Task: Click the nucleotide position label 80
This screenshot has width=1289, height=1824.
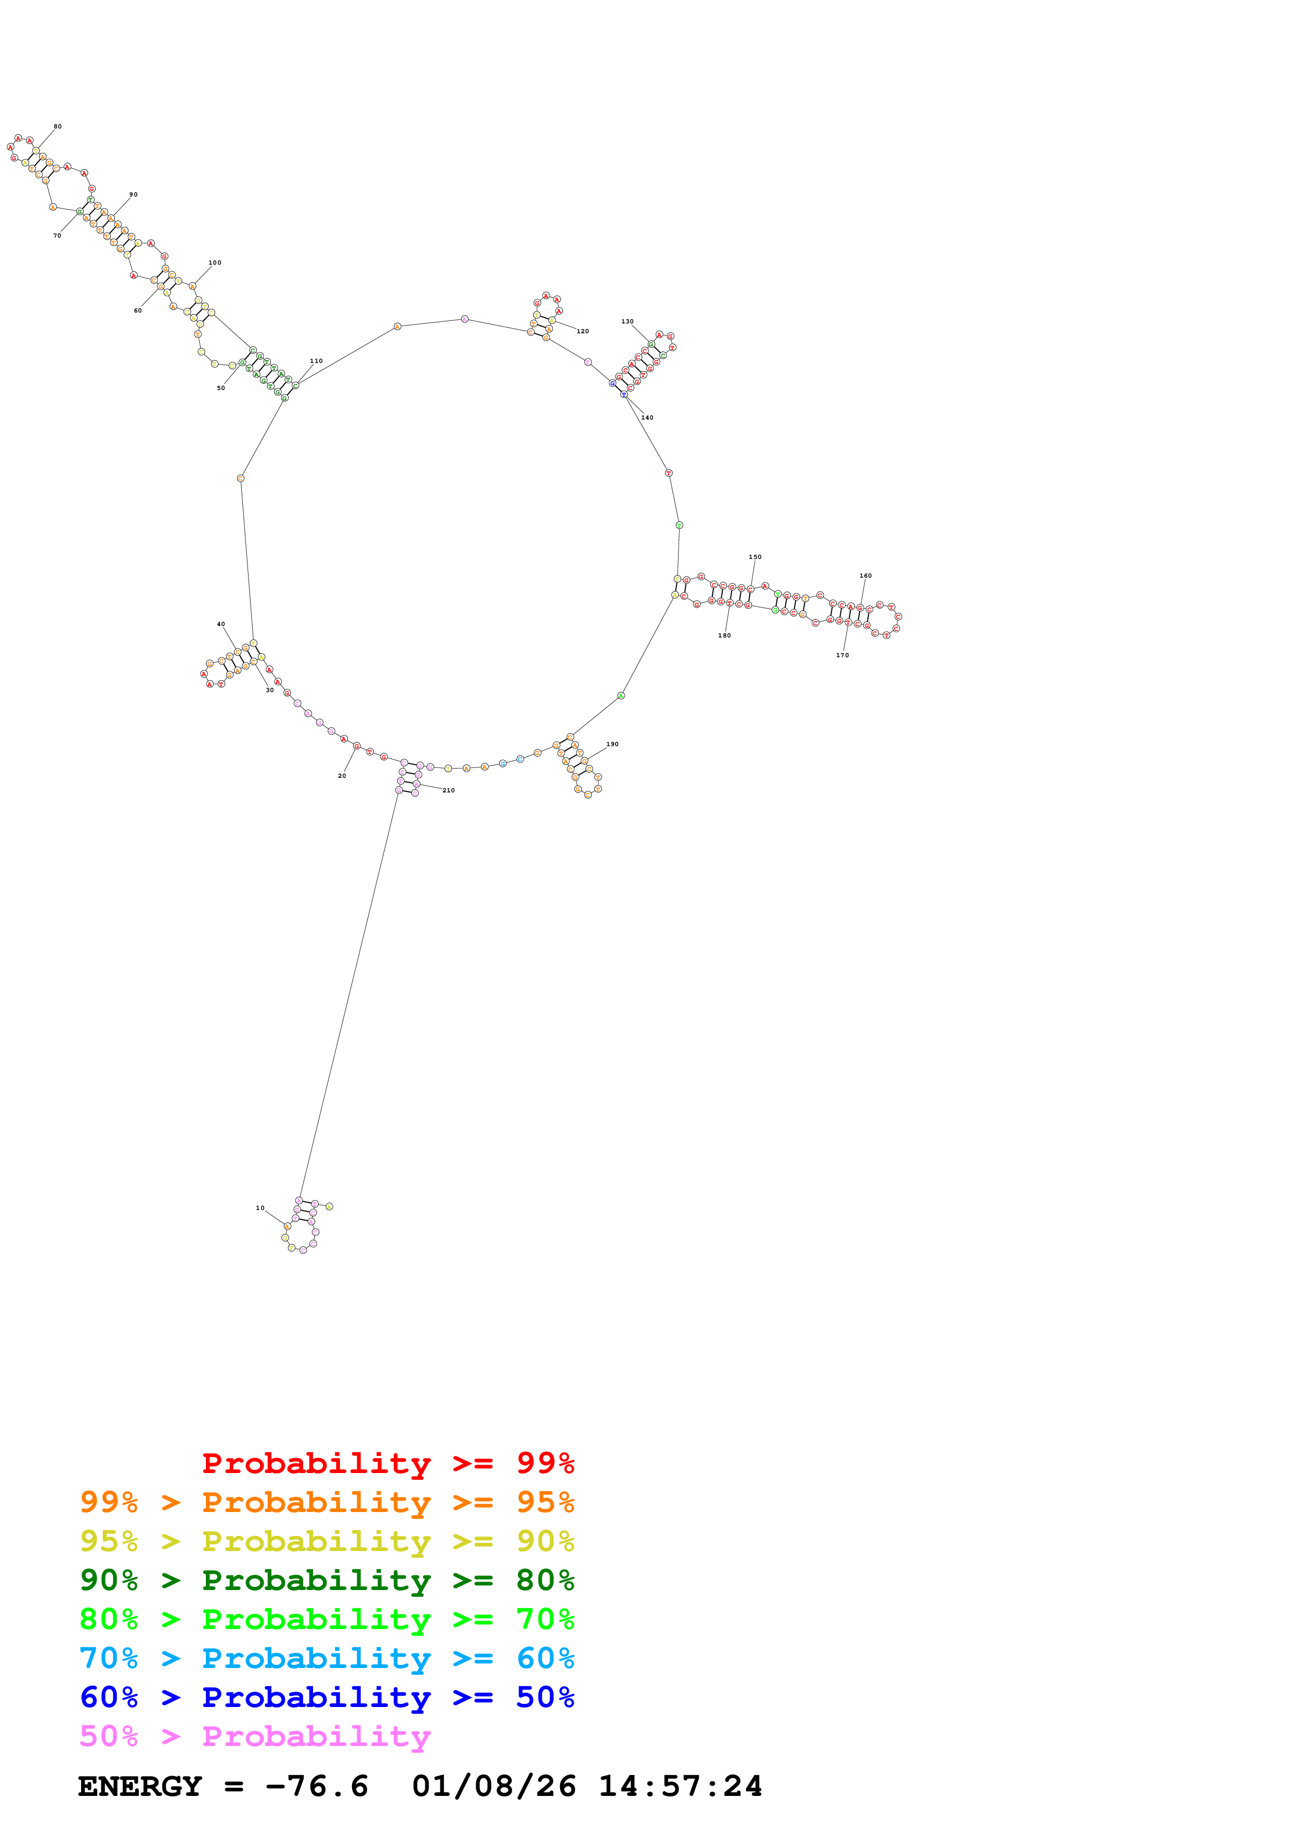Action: click(57, 126)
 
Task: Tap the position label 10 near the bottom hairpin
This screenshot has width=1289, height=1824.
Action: click(259, 1207)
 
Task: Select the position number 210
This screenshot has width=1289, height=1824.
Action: click(449, 790)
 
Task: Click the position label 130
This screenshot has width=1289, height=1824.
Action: click(628, 322)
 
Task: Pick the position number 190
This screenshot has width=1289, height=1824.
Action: click(613, 745)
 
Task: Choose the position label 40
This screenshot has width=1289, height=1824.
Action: click(221, 624)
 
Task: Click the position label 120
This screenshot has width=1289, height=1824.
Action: click(583, 331)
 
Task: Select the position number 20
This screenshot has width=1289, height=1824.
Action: click(342, 776)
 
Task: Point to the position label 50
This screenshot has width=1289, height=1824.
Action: click(221, 388)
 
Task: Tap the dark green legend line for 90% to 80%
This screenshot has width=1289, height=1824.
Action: click(327, 1580)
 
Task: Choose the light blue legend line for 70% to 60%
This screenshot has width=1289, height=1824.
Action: click(327, 1658)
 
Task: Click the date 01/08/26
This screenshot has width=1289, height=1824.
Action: click(493, 1787)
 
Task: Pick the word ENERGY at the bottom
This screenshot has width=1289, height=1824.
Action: click(140, 1787)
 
